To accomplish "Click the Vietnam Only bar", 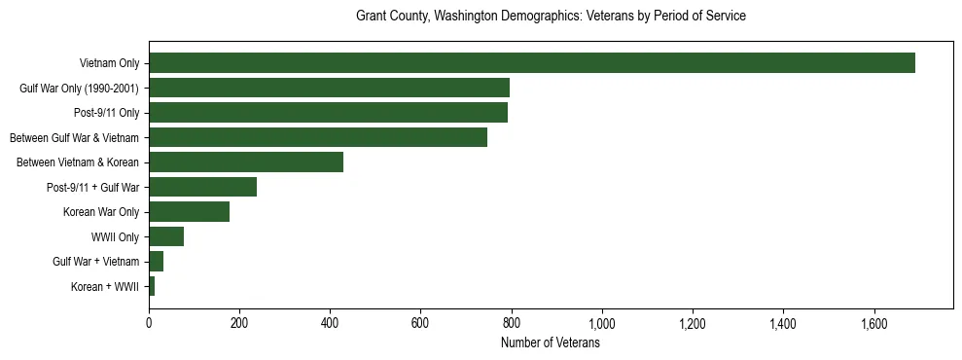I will pos(531,63).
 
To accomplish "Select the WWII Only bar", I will pos(166,236).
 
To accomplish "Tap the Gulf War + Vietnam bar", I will pos(156,262).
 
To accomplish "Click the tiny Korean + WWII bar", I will pos(152,286).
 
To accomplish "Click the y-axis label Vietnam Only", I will pos(109,64).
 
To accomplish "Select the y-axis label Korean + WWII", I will pos(105,287).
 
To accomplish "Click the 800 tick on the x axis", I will pos(512,323).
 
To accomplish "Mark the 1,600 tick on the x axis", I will pos(873,323).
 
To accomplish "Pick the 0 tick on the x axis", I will pos(149,323).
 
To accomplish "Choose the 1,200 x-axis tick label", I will pos(693,323).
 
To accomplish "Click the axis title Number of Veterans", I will pos(550,343).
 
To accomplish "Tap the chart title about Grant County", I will pos(551,17).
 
